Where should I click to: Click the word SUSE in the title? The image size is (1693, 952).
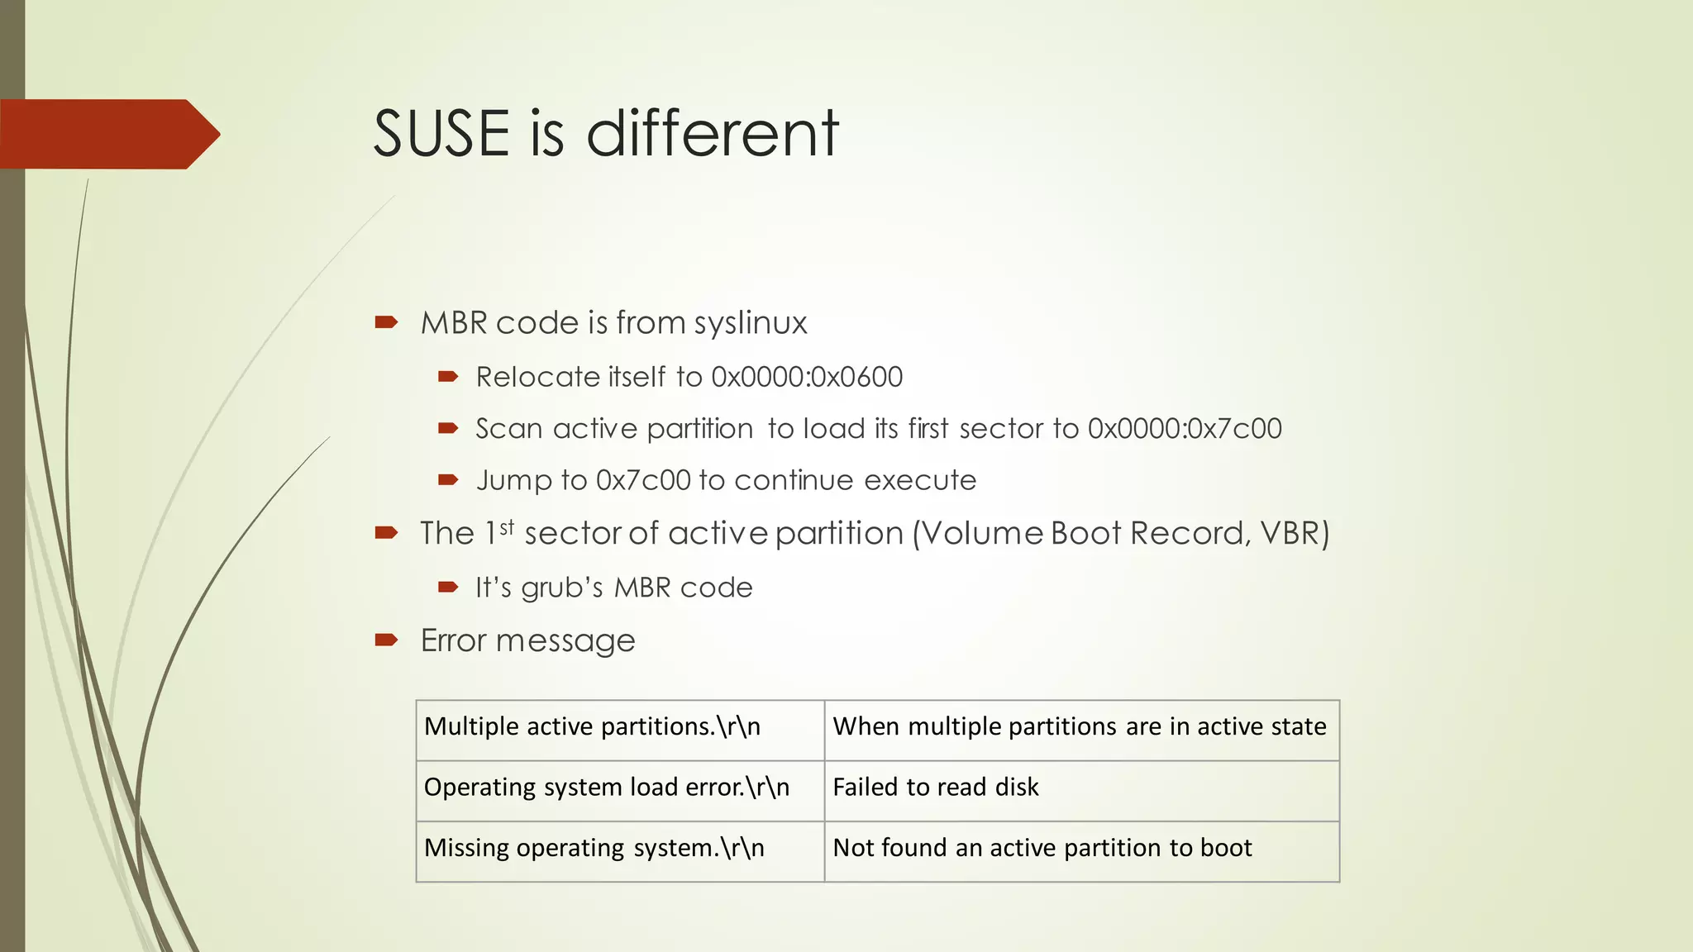point(441,133)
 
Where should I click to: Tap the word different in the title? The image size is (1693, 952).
point(713,133)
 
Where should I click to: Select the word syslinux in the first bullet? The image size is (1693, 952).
point(750,323)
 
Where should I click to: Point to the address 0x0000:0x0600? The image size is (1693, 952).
point(807,378)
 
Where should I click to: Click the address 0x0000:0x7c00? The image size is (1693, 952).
point(1184,429)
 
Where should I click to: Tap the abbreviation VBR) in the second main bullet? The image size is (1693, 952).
point(1295,534)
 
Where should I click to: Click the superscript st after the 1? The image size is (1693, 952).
point(507,526)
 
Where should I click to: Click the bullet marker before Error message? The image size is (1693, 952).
point(386,639)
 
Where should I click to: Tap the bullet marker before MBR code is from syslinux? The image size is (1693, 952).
point(386,321)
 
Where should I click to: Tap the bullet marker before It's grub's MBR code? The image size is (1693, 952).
point(448,588)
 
